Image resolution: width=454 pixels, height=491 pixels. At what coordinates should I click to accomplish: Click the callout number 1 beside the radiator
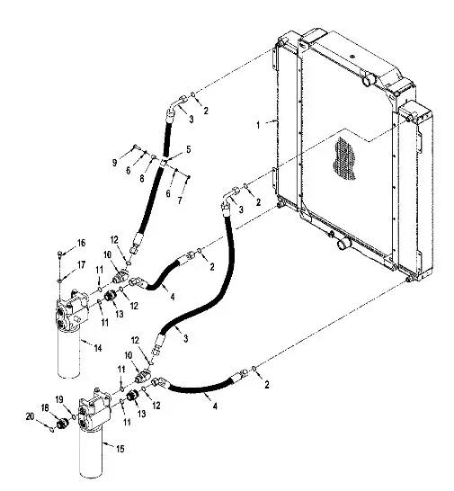pos(258,125)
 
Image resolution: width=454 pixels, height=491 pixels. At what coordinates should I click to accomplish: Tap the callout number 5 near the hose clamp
pos(188,149)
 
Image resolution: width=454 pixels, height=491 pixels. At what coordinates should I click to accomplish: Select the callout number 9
pos(114,163)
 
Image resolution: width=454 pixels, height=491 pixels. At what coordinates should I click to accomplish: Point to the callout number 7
pos(180,201)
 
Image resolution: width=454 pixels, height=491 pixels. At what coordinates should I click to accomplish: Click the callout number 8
pos(142,178)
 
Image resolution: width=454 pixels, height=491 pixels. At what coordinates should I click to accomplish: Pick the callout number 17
pos(81,265)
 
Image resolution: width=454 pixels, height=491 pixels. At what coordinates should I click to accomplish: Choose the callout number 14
pos(98,348)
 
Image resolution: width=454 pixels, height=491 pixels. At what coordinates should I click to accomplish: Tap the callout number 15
pos(120,449)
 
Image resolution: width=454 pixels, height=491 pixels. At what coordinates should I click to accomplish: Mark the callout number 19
pos(59,399)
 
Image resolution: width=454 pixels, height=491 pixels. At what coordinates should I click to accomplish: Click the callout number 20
pos(30,416)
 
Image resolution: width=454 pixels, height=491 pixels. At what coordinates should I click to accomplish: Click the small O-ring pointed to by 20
pos(52,429)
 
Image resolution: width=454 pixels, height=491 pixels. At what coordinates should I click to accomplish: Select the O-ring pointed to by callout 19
pos(74,416)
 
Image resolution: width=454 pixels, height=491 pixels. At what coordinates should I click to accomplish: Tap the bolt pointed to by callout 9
pos(135,146)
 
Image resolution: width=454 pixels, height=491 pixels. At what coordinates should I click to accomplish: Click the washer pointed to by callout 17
pos(59,281)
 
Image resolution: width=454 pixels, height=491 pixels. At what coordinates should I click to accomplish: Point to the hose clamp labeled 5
pos(164,163)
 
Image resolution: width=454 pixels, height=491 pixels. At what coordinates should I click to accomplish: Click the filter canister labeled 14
pos(69,353)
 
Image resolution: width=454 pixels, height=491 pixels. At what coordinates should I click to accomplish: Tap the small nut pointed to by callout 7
pos(189,177)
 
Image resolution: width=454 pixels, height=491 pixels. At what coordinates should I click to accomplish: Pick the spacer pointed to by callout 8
pos(154,156)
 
